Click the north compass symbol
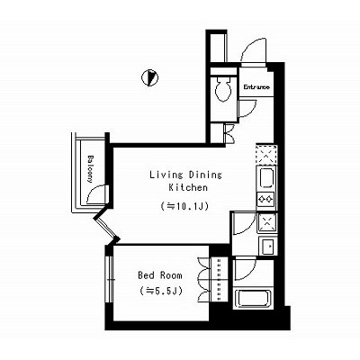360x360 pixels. (x=149, y=78)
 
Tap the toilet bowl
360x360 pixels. (x=223, y=89)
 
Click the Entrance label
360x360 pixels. (x=256, y=87)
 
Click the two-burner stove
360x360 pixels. (x=266, y=199)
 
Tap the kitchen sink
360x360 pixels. (x=266, y=178)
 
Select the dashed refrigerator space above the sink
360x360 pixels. (x=266, y=155)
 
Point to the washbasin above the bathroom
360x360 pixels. (x=268, y=247)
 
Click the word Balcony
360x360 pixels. (x=90, y=169)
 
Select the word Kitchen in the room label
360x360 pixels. (x=188, y=187)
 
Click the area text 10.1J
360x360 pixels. (x=184, y=206)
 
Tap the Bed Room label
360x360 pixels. (x=160, y=275)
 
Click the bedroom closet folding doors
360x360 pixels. (x=204, y=279)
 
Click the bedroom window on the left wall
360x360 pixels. (x=110, y=280)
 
